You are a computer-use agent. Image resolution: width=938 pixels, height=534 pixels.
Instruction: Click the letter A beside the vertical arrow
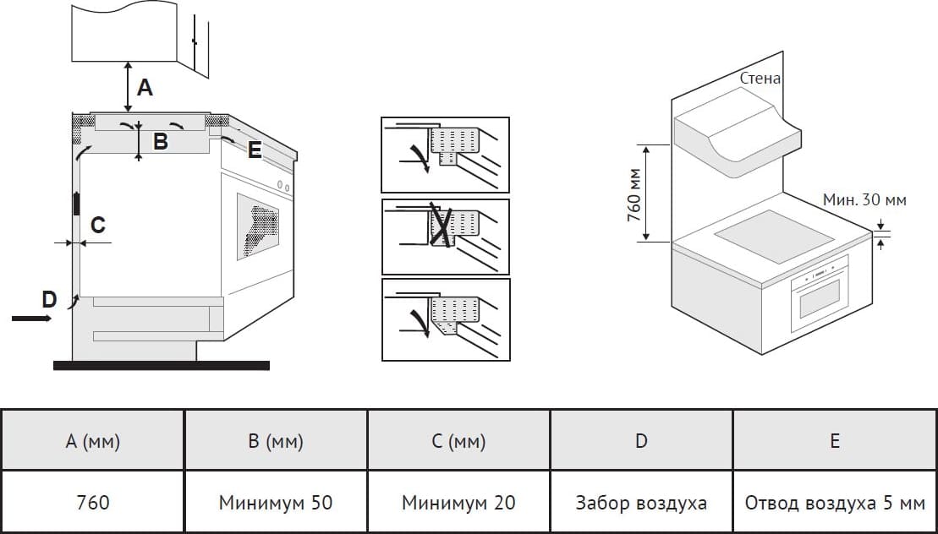[x=145, y=86]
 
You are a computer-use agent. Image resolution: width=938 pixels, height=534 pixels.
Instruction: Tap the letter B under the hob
[x=160, y=142]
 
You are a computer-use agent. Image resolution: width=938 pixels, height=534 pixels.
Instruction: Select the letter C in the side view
[x=98, y=225]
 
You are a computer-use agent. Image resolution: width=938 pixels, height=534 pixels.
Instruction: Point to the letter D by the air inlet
[x=49, y=298]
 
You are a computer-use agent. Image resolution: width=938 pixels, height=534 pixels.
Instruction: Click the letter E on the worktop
[x=255, y=151]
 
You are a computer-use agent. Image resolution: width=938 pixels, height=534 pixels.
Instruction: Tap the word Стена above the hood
[x=760, y=79]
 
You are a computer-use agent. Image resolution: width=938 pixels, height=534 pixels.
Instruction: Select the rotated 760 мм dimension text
[x=634, y=194]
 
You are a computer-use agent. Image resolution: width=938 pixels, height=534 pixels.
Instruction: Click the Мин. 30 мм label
[x=864, y=200]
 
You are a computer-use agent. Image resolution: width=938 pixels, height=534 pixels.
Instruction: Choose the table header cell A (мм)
[x=92, y=440]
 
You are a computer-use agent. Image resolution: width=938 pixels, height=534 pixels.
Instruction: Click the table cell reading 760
[x=92, y=503]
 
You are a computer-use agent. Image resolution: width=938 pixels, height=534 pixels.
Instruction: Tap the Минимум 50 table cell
[x=276, y=503]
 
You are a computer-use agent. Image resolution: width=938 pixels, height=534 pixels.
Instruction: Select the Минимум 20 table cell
[x=458, y=503]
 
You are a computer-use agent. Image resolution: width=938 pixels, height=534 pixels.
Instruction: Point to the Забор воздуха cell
[x=641, y=503]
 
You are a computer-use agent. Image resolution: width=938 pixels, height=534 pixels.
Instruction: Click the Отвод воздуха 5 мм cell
[x=835, y=503]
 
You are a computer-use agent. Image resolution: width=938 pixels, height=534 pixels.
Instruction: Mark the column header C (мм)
[x=458, y=440]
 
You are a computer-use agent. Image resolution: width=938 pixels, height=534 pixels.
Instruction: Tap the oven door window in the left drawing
[x=258, y=223]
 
